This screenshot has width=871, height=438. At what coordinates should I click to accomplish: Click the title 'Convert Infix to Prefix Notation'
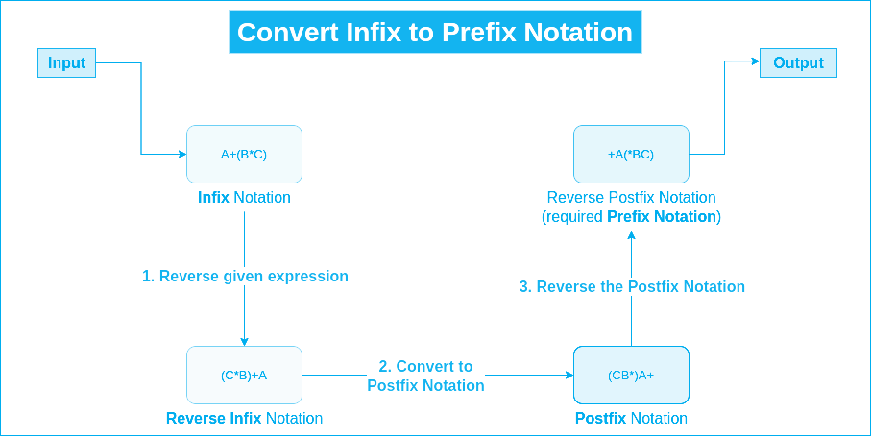[x=435, y=32]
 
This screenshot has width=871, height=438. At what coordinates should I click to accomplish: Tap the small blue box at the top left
[x=66, y=63]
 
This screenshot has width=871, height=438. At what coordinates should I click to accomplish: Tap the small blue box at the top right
[x=798, y=62]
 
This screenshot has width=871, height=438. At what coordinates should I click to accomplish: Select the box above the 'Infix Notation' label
[x=244, y=154]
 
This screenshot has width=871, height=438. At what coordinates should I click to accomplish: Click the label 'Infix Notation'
[x=244, y=198]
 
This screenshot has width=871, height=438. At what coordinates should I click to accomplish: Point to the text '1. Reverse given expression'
[x=245, y=276]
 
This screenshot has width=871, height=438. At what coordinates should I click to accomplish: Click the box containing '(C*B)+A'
[x=244, y=375]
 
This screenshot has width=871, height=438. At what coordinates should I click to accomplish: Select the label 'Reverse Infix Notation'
[x=244, y=419]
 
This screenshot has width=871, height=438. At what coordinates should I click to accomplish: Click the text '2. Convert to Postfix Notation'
[x=425, y=376]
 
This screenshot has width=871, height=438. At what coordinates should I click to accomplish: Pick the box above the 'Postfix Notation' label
[x=631, y=375]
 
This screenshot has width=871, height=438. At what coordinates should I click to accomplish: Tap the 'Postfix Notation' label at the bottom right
[x=631, y=419]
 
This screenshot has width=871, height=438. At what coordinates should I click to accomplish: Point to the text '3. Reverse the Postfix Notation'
[x=631, y=286]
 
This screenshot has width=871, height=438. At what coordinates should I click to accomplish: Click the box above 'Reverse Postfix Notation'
[x=631, y=154]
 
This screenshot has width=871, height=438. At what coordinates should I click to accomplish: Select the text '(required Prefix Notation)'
[x=631, y=217]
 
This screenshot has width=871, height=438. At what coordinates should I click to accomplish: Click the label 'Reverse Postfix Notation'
[x=631, y=198]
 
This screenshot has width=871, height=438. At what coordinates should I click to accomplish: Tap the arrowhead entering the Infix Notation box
[x=181, y=154]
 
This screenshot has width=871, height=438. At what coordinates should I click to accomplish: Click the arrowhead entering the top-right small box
[x=754, y=62]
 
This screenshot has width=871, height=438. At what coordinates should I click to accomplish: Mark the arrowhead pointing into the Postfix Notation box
[x=568, y=376]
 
